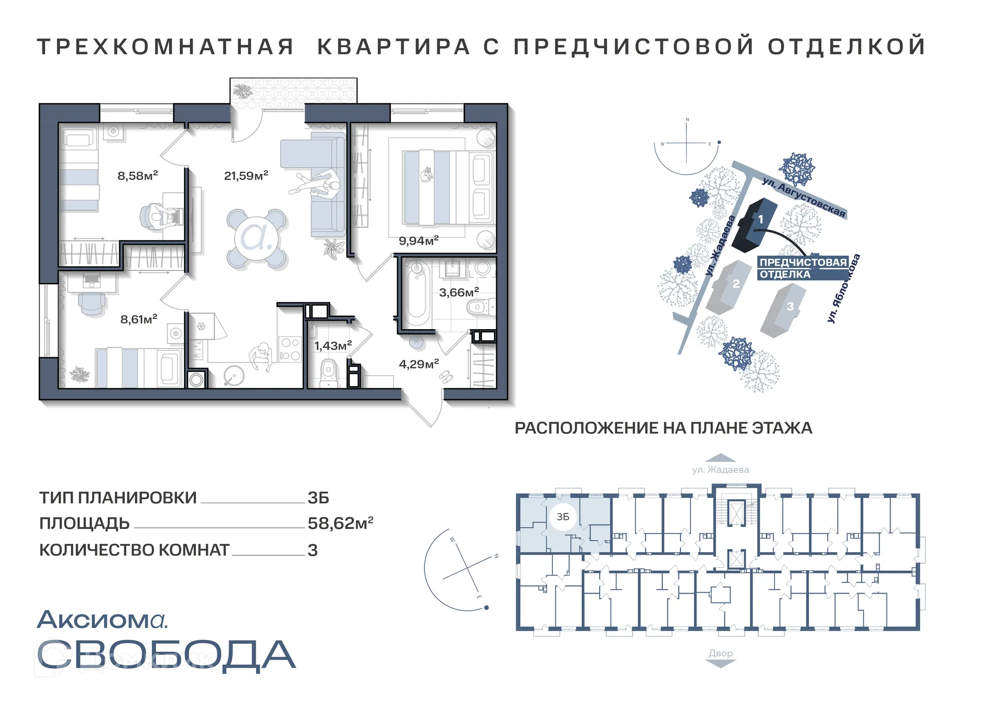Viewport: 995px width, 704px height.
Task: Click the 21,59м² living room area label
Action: click(246, 176)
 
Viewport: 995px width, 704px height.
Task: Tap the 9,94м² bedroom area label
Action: click(418, 241)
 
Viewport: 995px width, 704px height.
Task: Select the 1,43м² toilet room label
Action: click(333, 345)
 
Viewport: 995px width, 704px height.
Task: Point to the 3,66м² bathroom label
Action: click(459, 292)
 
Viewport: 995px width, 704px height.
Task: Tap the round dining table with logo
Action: click(257, 238)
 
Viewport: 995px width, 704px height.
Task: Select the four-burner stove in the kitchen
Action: click(290, 349)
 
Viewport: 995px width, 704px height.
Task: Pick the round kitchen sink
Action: click(234, 375)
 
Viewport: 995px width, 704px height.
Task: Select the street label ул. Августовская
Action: click(804, 198)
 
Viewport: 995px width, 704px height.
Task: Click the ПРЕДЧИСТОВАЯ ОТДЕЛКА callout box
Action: click(803, 268)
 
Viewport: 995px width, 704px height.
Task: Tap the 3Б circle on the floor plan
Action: click(563, 517)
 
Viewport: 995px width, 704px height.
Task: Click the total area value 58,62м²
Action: click(340, 523)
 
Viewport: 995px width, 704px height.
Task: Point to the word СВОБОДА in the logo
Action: click(166, 655)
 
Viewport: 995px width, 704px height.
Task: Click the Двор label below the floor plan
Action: click(720, 653)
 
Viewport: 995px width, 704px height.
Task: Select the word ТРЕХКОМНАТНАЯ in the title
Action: click(165, 47)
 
